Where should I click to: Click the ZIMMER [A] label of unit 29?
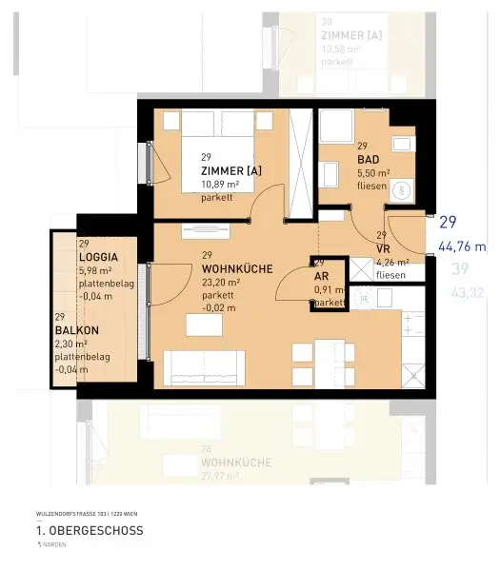coord(230,170)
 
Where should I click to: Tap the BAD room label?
coord(369,161)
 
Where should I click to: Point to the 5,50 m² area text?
coord(372,174)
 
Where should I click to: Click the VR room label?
coord(383,249)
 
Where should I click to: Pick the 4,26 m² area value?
coord(392,262)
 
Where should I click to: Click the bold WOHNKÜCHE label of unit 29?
coord(237,269)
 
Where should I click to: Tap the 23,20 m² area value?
coord(221,283)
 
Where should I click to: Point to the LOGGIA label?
coord(99,257)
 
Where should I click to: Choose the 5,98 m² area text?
coord(97,270)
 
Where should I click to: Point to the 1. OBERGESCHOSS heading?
coord(90,530)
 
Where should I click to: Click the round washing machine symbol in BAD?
coord(404,190)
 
